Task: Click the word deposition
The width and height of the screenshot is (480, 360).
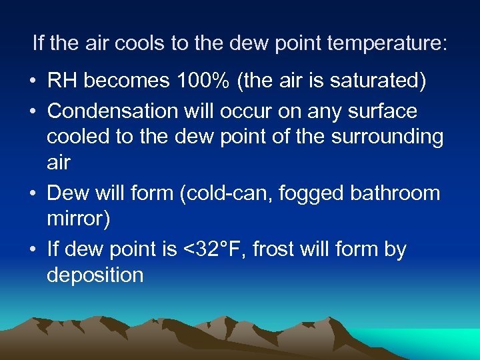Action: [x=95, y=275]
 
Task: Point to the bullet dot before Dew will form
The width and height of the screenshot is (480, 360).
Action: [x=33, y=195]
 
